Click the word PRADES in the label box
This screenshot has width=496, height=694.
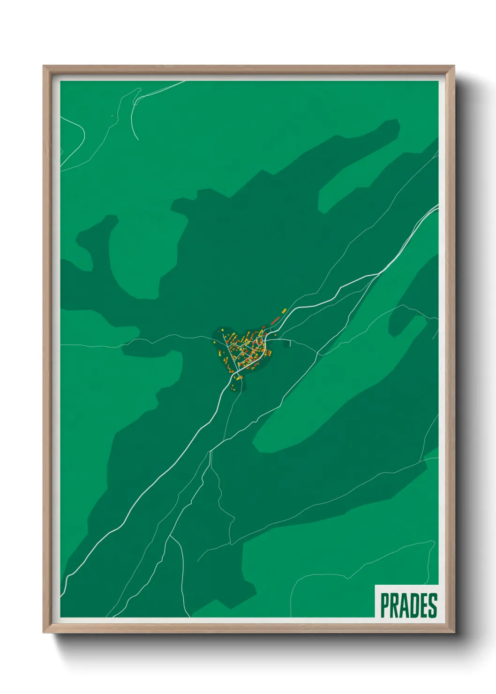click(408, 605)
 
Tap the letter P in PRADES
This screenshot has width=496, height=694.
click(384, 605)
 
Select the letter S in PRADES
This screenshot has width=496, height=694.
click(433, 605)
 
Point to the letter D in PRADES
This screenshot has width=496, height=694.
click(413, 605)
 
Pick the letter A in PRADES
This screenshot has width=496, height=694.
click(404, 605)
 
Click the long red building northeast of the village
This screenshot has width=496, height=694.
click(275, 320)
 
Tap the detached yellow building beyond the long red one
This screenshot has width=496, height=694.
click(284, 310)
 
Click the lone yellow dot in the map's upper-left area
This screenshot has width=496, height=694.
click(112, 115)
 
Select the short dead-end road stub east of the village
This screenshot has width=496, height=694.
click(290, 343)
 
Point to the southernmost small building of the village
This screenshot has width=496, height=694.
click(233, 387)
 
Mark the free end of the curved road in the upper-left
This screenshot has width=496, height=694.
click(137, 139)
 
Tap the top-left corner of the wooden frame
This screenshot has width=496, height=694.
click(44, 67)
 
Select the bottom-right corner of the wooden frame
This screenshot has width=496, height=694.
click(454, 632)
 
